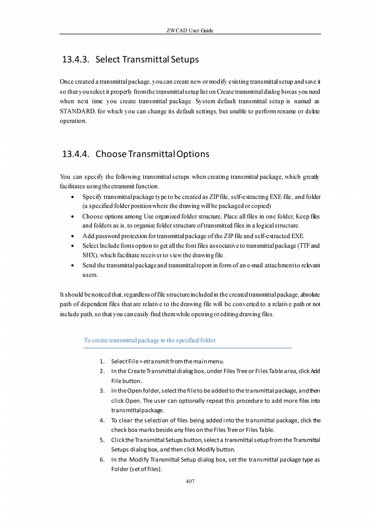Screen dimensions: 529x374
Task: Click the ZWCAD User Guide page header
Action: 190,31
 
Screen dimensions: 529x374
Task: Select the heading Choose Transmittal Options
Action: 152,154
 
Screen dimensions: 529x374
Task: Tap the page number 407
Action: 190,481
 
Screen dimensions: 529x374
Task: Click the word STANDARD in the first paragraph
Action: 77,111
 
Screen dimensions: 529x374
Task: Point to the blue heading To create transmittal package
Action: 150,340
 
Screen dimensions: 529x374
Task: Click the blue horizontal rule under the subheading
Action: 188,348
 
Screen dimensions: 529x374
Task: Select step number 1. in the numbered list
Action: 102,361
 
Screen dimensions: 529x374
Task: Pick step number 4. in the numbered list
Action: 102,420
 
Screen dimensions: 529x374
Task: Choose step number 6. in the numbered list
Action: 102,460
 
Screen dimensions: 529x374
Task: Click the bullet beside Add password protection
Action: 72,236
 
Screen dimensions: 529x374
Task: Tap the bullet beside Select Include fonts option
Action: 72,246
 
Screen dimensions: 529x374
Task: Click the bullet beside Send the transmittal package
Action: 72,265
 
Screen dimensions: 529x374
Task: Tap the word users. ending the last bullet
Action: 90,275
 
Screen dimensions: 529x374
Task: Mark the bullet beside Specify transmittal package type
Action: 72,197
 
